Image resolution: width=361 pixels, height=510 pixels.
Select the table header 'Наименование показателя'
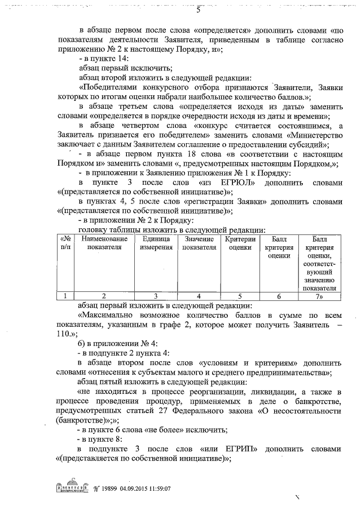pos(103,243)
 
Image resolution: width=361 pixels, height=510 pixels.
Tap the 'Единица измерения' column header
pos(152,243)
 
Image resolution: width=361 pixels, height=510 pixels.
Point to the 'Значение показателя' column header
pos(200,243)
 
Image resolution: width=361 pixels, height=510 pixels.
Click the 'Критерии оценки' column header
pos(241,243)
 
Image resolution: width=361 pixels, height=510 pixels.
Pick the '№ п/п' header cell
pos(66,243)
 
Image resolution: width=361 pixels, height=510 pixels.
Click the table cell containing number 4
pos(200,295)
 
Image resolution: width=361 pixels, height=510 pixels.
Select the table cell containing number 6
pos(279,295)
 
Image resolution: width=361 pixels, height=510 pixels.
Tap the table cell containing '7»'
pos(319,295)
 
